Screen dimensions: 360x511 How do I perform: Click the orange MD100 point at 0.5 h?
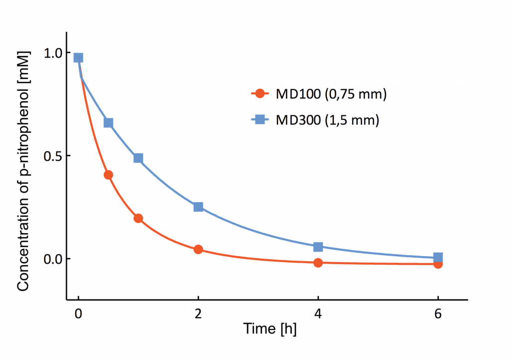coord(108,175)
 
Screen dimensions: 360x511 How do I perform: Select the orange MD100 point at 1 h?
coord(138,218)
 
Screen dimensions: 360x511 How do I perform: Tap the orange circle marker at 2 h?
coord(198,249)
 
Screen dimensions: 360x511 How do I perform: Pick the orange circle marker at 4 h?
coord(318,263)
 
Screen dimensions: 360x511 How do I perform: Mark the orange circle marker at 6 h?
coord(438,264)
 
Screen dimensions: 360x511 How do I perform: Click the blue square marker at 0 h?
coord(78,57)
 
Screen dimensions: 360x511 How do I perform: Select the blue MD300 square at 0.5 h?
coord(108,123)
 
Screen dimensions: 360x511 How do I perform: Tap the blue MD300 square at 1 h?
coord(138,158)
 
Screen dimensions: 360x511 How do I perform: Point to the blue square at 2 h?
coord(198,207)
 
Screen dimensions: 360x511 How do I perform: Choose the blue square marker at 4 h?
coord(318,247)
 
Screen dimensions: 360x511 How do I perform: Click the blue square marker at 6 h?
coord(438,258)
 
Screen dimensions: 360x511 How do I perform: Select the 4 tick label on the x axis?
coord(318,315)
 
